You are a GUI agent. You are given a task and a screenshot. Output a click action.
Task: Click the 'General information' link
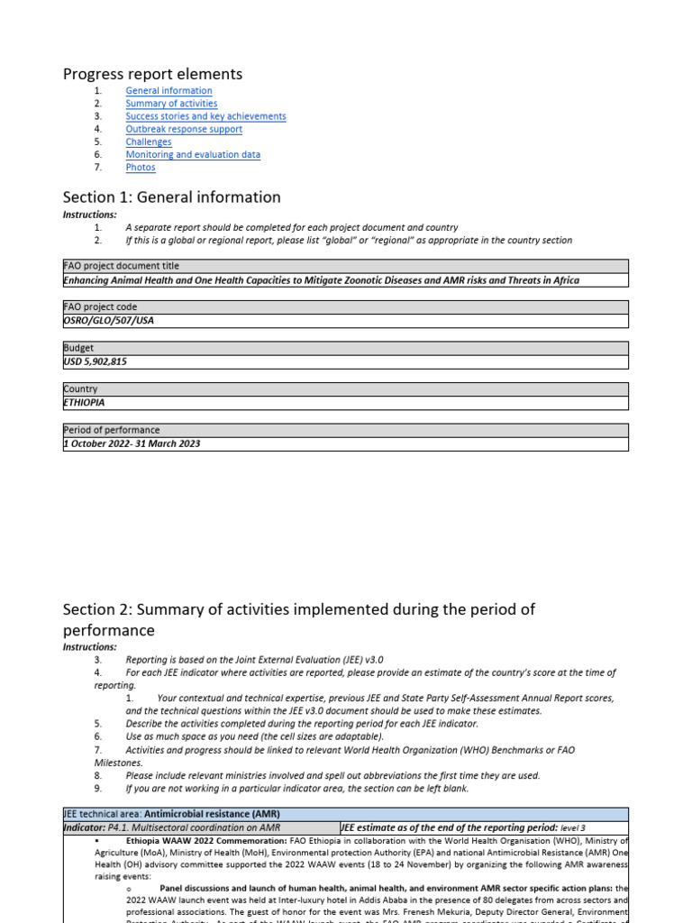[x=168, y=91]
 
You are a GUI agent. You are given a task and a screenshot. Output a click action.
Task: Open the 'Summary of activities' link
[x=171, y=104]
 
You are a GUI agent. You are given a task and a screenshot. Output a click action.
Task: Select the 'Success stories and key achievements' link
[x=205, y=116]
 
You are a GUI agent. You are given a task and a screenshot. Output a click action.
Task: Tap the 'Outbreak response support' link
[x=184, y=129]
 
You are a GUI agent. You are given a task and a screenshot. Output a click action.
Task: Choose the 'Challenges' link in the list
[x=149, y=142]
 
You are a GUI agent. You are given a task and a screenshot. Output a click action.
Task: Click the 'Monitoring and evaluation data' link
[x=193, y=154]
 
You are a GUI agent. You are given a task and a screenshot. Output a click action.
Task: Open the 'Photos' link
[x=141, y=167]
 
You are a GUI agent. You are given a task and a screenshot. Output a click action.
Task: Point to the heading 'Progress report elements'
[x=152, y=74]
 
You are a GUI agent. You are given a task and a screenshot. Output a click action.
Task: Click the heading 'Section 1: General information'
[x=171, y=196]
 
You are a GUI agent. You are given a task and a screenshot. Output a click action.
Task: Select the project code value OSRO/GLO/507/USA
[x=102, y=321]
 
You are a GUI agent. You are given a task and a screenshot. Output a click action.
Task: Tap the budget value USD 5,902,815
[x=96, y=361]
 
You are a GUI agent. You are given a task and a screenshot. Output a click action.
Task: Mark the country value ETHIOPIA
[x=84, y=403]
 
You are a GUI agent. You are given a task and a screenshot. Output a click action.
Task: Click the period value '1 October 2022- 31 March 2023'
[x=132, y=443]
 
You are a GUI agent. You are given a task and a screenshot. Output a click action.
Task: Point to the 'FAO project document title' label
[x=121, y=267]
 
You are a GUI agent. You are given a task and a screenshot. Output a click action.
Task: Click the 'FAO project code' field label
[x=99, y=307]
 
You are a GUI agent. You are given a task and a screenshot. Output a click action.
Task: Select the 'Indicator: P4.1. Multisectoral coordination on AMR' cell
[x=171, y=827]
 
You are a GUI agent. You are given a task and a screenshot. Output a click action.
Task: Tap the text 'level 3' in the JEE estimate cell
[x=573, y=827]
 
